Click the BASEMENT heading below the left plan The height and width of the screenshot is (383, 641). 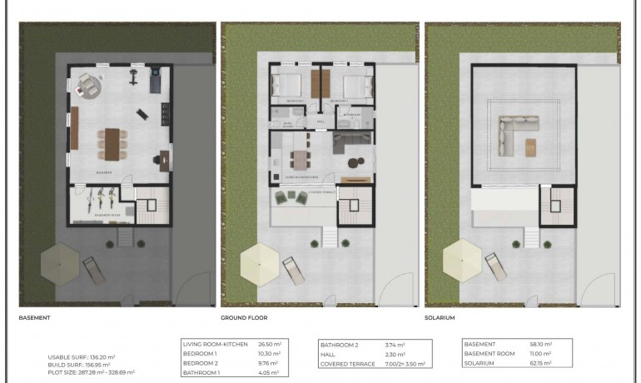tap(34, 317)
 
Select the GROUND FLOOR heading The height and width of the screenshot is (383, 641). tap(244, 317)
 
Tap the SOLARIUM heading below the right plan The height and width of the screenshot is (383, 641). tap(442, 317)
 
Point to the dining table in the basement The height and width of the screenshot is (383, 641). tap(112, 142)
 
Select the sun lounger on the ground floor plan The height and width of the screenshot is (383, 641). tap(294, 269)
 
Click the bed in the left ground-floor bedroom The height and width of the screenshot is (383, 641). tap(288, 85)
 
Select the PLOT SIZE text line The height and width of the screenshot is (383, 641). tap(92, 372)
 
